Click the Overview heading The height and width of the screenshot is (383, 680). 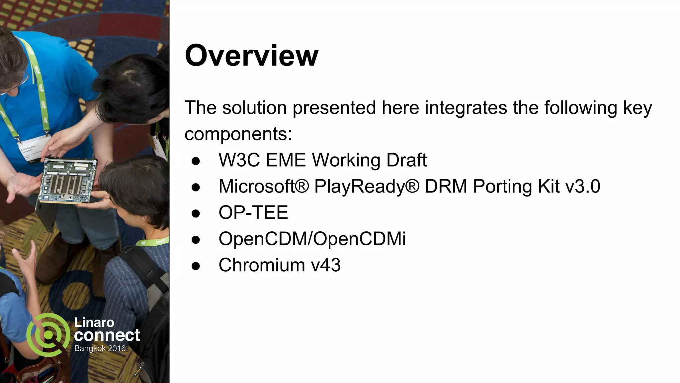(251, 56)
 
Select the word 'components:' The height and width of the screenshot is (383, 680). (238, 134)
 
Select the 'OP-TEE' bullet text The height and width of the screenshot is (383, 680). (253, 212)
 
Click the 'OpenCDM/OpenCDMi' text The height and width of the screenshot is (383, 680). (312, 239)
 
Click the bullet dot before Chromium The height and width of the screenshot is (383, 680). (196, 266)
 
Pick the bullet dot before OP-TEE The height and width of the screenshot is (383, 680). (196, 213)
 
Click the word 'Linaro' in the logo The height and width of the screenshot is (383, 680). (94, 322)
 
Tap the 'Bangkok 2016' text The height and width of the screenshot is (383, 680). (100, 348)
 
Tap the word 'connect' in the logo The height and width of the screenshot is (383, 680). (107, 335)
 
